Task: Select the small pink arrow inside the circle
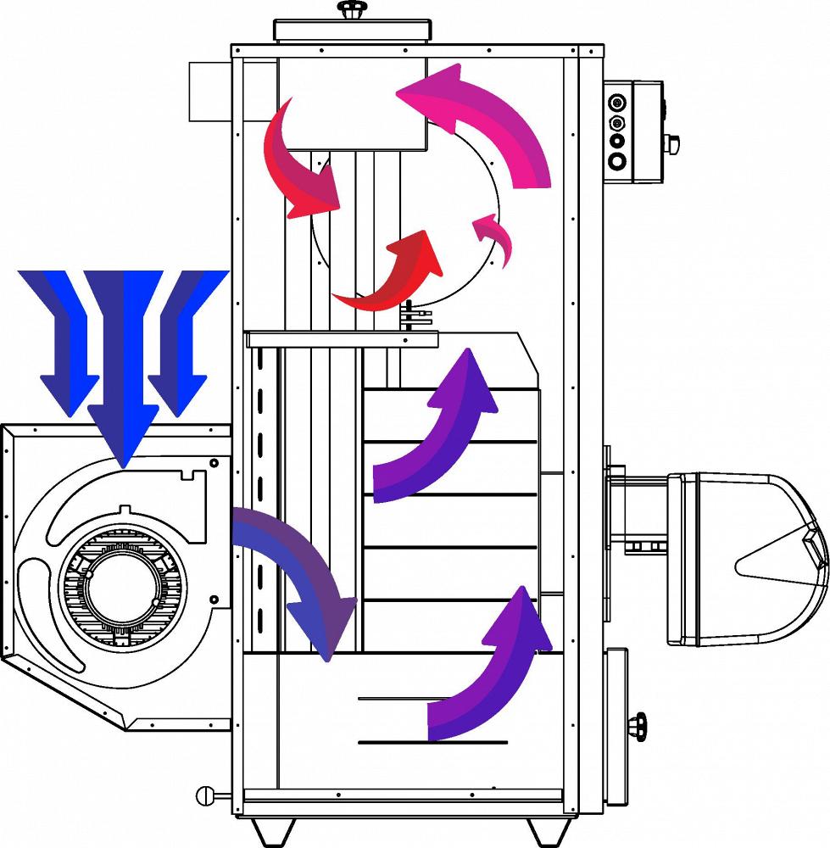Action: click(494, 235)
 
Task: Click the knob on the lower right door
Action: click(638, 728)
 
